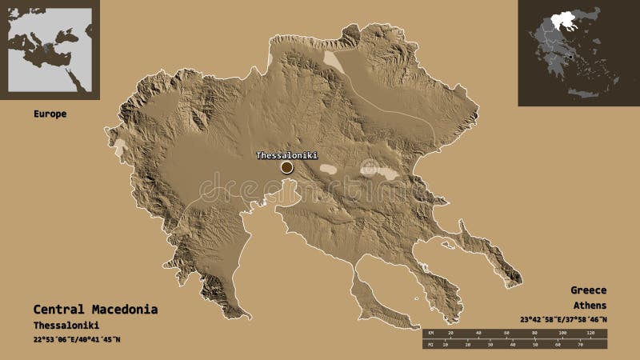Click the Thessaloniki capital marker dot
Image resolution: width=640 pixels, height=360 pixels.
pos(286,167)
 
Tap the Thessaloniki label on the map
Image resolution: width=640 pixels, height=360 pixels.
pos(286,154)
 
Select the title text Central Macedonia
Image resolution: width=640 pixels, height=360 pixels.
pos(95,309)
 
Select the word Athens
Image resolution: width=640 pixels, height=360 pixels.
pos(589,306)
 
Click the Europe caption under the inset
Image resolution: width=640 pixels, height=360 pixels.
pos(50,114)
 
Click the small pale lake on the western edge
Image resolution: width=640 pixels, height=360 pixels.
pos(120,147)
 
